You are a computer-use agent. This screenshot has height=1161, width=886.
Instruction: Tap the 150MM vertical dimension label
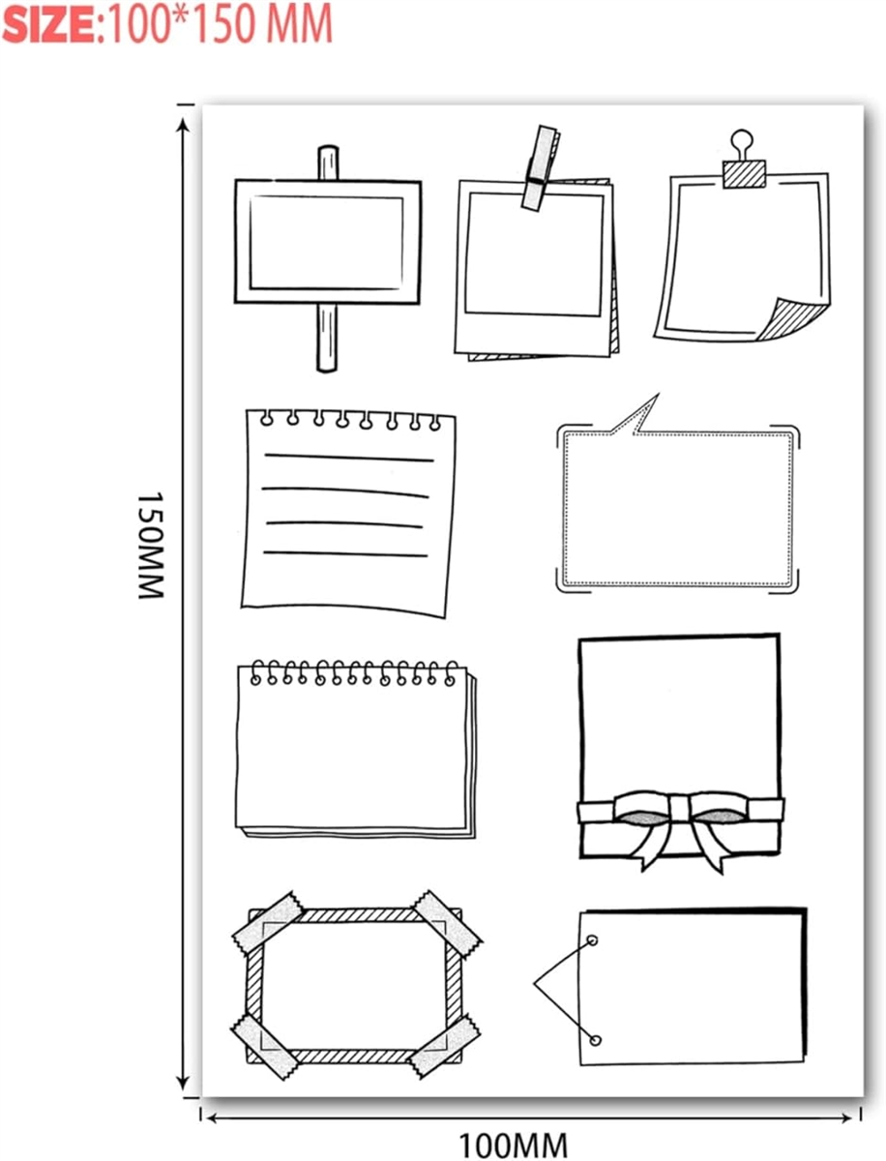(x=151, y=546)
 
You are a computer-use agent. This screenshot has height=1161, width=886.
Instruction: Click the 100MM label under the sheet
(x=513, y=1146)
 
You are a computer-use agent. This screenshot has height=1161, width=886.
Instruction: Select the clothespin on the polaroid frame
(x=541, y=167)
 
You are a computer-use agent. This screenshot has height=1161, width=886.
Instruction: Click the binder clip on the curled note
(x=743, y=160)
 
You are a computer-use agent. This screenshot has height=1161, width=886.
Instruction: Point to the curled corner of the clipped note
(x=792, y=320)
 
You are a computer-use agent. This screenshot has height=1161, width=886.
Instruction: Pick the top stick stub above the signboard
(x=328, y=163)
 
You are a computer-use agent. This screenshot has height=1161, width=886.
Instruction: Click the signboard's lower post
(x=327, y=338)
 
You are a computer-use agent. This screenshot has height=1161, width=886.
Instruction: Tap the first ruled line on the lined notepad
(x=349, y=458)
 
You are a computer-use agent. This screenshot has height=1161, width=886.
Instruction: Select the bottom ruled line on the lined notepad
(x=345, y=553)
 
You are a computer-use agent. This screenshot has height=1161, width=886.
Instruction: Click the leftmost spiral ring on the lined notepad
(x=266, y=418)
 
